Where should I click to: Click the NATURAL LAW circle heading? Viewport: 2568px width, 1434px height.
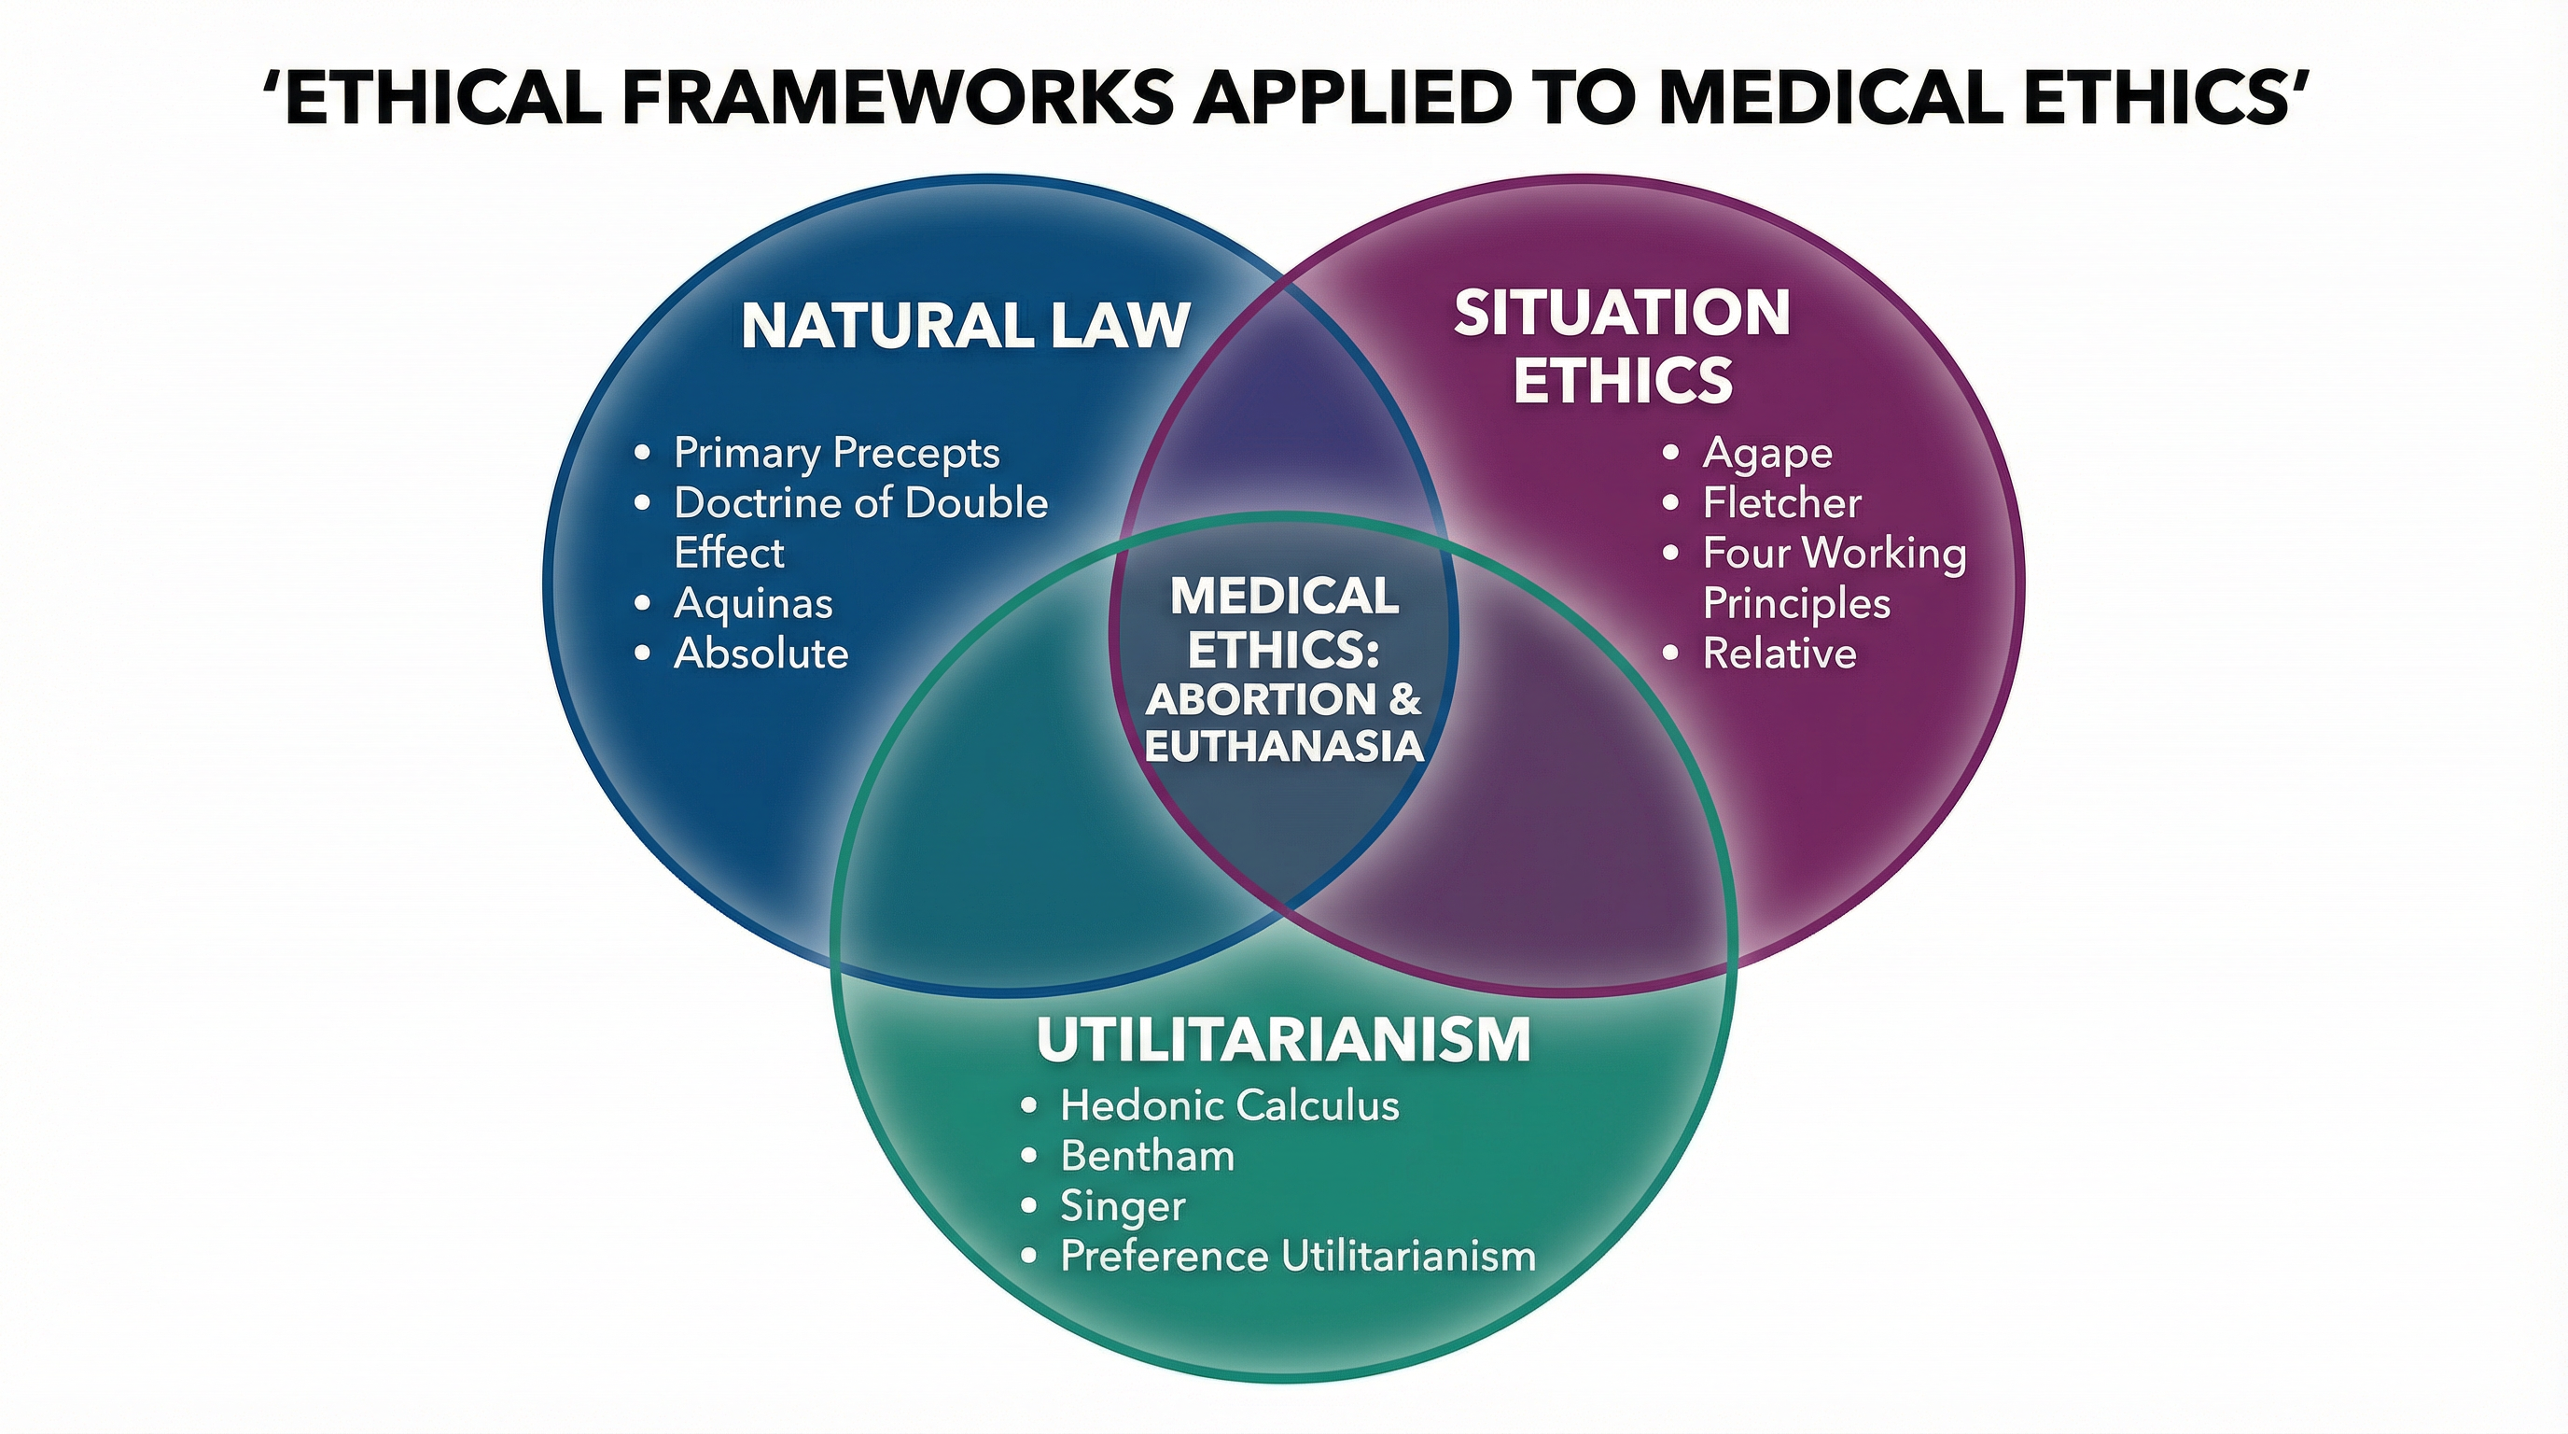click(965, 325)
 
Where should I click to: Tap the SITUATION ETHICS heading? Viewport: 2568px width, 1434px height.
click(1622, 346)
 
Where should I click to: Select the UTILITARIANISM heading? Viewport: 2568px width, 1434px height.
click(1283, 1039)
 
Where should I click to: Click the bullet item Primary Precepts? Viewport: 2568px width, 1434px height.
click(835, 453)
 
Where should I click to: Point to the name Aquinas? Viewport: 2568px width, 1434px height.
click(753, 603)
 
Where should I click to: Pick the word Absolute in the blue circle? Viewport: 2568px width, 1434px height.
click(761, 654)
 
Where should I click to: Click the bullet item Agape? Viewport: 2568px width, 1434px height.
click(1766, 454)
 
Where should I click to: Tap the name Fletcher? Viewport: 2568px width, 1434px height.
click(1781, 502)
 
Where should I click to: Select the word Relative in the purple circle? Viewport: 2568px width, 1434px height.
click(1779, 654)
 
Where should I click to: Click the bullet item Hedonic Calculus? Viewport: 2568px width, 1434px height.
click(1229, 1105)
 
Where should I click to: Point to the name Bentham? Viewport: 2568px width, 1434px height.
click(1148, 1156)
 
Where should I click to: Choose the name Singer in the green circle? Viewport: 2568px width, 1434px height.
click(1123, 1206)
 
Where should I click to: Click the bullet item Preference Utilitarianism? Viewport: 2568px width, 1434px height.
click(1297, 1256)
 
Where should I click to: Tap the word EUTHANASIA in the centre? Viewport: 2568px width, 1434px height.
click(1284, 747)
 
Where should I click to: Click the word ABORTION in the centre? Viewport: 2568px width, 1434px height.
click(1261, 699)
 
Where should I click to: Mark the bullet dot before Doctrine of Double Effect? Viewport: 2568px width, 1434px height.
click(643, 503)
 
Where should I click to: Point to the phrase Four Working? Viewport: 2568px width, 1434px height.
click(1835, 554)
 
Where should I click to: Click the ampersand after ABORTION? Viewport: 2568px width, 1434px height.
click(1403, 699)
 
